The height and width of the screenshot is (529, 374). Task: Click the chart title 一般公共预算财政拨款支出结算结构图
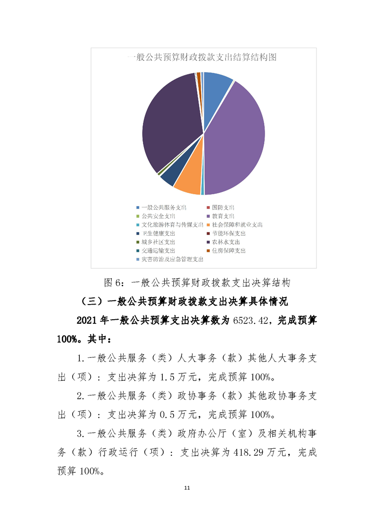click(x=202, y=58)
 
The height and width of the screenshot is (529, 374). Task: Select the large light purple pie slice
click(x=236, y=141)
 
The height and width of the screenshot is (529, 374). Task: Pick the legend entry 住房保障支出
click(x=229, y=250)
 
